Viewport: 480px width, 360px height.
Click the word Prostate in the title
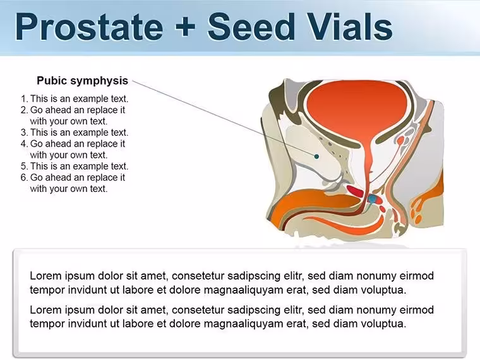[89, 27]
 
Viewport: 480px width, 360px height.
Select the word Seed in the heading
[251, 27]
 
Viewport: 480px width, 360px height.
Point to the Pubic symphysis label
[82, 80]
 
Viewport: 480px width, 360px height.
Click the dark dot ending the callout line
[317, 157]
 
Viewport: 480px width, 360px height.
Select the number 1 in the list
[24, 99]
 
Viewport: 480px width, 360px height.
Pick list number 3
[24, 133]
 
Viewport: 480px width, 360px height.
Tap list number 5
[24, 166]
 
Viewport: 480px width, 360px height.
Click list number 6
[24, 177]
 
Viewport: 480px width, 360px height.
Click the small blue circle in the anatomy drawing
[372, 200]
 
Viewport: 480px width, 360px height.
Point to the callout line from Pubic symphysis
[224, 119]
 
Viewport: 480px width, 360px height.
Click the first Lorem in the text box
[45, 276]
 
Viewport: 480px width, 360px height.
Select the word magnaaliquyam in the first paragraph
[244, 290]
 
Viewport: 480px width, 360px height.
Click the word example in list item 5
[90, 166]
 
